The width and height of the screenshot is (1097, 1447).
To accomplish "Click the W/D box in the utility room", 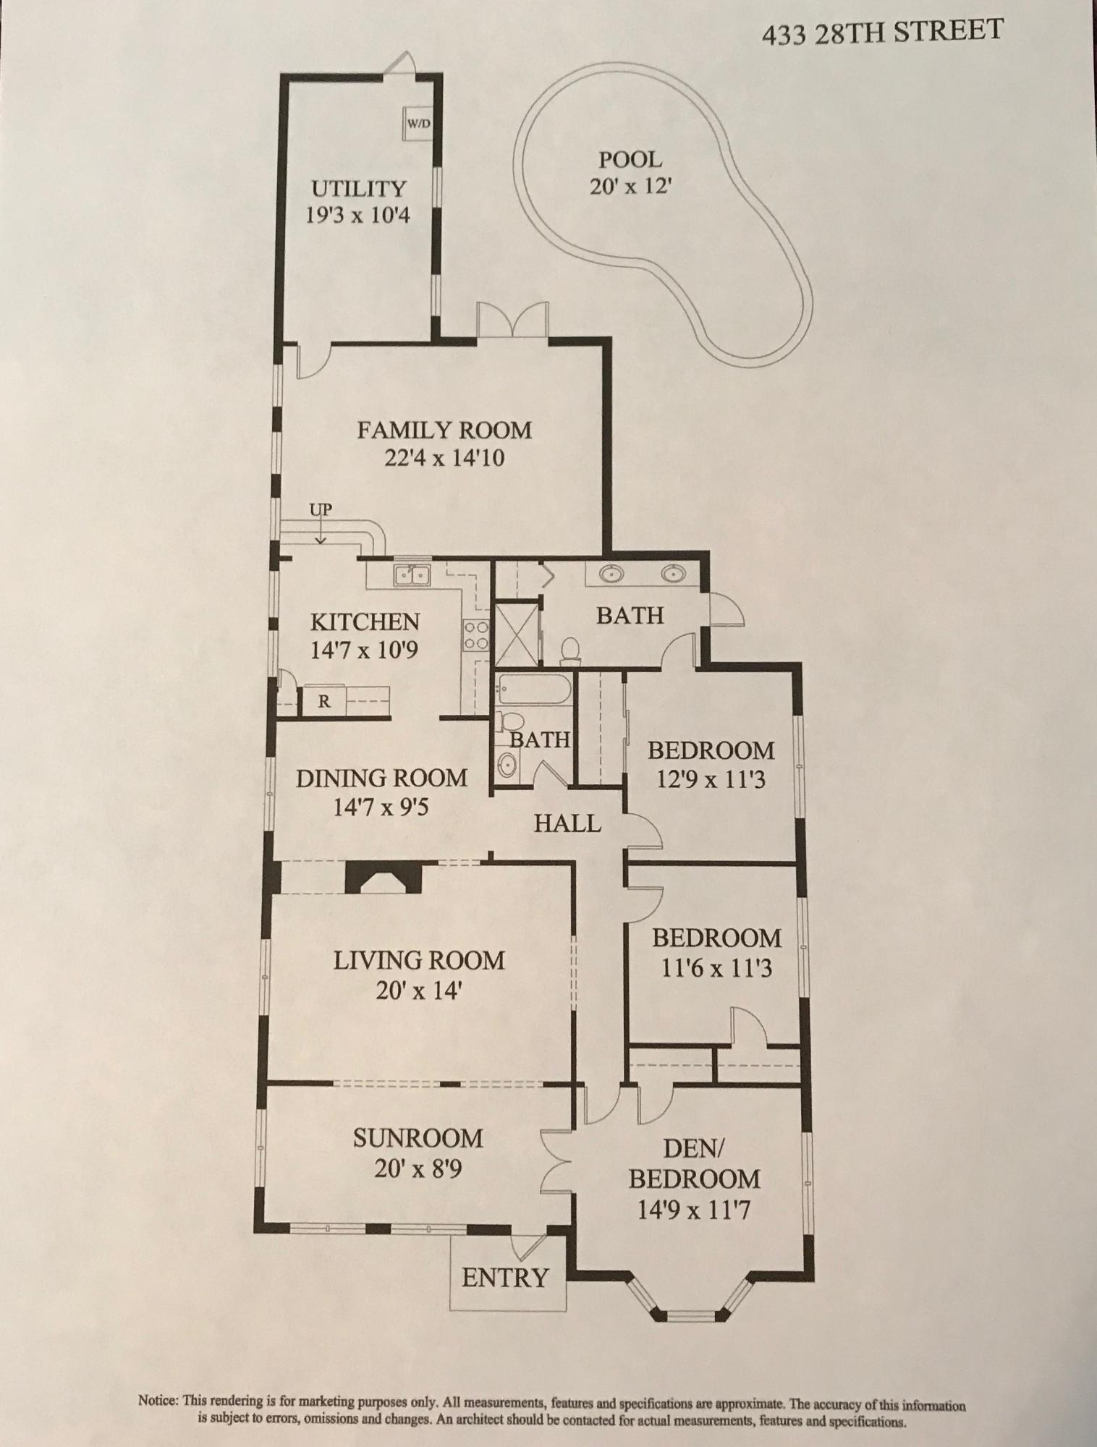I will pyautogui.click(x=418, y=124).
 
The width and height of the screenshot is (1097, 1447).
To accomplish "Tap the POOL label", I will pyautogui.click(x=630, y=159).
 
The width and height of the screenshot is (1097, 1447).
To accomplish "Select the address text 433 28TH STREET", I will pyautogui.click(x=882, y=33).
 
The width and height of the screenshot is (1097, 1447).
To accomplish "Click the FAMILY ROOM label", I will pyautogui.click(x=444, y=430).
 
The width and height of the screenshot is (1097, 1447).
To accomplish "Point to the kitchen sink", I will pyautogui.click(x=412, y=575).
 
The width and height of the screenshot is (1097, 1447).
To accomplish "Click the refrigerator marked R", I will pyautogui.click(x=325, y=700).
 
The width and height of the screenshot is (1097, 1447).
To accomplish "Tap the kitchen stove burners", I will pyautogui.click(x=475, y=635).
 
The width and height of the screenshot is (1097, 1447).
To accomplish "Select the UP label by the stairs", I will pyautogui.click(x=321, y=510).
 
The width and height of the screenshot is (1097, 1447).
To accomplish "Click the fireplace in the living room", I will pyautogui.click(x=384, y=878).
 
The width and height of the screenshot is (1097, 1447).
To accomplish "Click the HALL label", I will pyautogui.click(x=567, y=823).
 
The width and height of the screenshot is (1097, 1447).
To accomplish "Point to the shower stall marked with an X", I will pyautogui.click(x=514, y=634).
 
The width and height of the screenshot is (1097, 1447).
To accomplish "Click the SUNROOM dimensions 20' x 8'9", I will pyautogui.click(x=418, y=1169).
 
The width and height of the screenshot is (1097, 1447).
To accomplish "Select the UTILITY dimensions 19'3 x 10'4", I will pyautogui.click(x=357, y=216).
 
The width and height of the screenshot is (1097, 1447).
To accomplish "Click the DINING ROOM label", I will pyautogui.click(x=381, y=778).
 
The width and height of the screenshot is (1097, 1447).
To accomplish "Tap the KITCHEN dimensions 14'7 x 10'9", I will pyautogui.click(x=364, y=650).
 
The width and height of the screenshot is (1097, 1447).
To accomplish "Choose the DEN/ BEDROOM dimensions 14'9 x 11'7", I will pyautogui.click(x=693, y=1210).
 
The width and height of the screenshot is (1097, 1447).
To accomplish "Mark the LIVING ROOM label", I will pyautogui.click(x=419, y=961).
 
